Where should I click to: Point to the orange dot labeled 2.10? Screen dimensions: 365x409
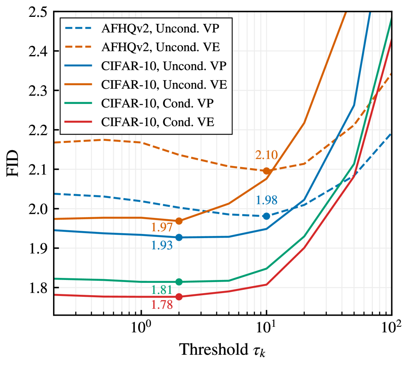pyautogui.click(x=266, y=171)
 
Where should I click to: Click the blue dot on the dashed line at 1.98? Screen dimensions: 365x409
pyautogui.click(x=266, y=216)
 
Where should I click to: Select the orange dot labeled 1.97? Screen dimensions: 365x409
pyautogui.click(x=179, y=221)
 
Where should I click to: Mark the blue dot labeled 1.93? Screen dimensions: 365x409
pyautogui.click(x=179, y=237)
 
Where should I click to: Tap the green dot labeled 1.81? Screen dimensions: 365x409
pyautogui.click(x=179, y=282)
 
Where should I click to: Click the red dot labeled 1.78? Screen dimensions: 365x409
pyautogui.click(x=179, y=296)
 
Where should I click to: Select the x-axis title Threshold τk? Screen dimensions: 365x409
pyautogui.click(x=224, y=350)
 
